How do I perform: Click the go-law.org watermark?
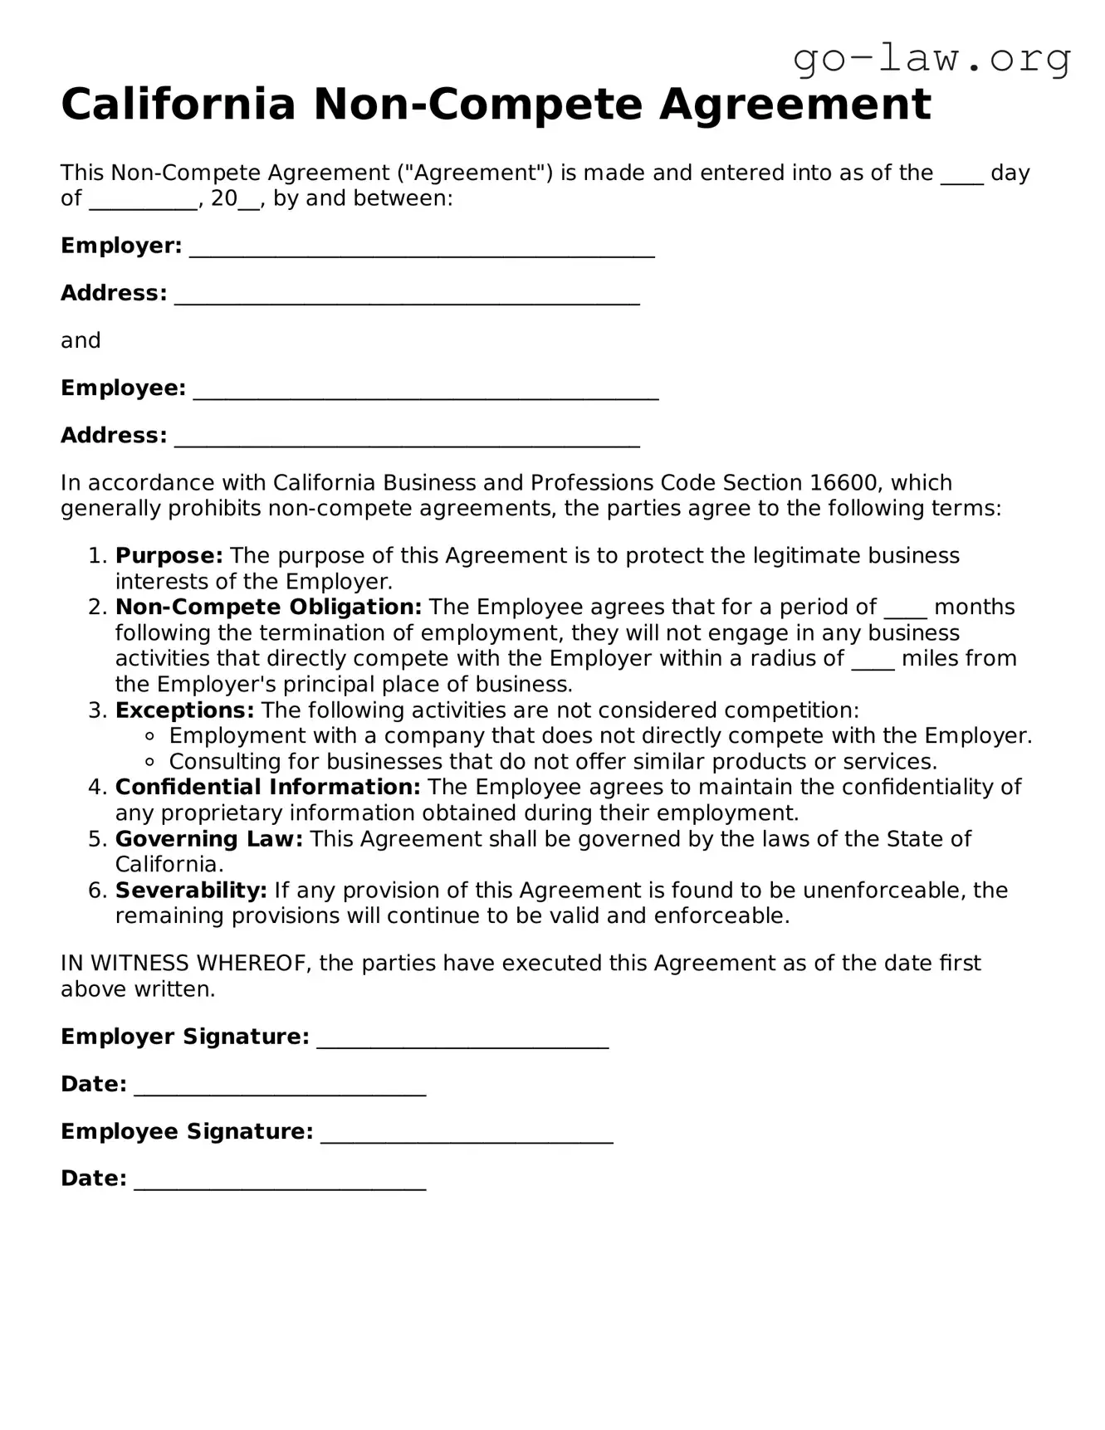931,60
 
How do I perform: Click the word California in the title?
178,105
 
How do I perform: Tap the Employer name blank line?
422,247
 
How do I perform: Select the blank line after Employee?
426,389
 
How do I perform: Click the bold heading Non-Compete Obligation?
268,608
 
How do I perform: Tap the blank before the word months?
905,609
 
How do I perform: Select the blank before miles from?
873,661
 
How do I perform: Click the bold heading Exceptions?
184,710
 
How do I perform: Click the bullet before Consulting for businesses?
150,762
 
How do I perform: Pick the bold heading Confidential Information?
267,787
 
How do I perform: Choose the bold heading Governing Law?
209,839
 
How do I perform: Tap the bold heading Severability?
191,891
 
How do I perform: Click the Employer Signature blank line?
462,1038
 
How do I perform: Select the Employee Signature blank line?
467,1133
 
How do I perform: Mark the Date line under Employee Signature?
280,1180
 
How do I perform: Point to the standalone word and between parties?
81,341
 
